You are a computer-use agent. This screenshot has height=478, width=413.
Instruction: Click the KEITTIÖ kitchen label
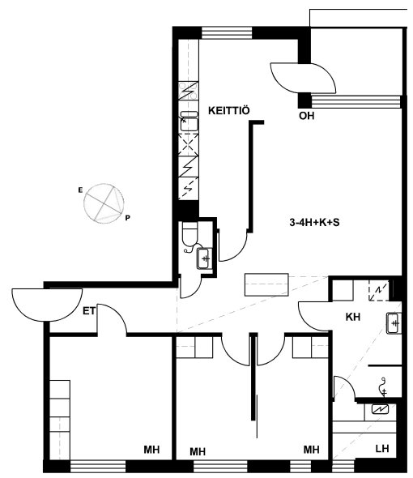pyautogui.click(x=229, y=110)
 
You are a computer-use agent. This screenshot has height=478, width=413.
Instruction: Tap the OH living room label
pyautogui.click(x=306, y=116)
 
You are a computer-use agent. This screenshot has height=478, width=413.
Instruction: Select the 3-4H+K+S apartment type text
pyautogui.click(x=314, y=222)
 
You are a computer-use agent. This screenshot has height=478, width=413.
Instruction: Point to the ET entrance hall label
pyautogui.click(x=89, y=311)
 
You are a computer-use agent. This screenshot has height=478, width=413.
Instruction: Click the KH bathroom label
pyautogui.click(x=353, y=317)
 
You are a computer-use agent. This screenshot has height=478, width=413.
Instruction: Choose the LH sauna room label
pyautogui.click(x=382, y=449)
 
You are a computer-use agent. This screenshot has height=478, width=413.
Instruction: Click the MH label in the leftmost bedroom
pyautogui.click(x=151, y=450)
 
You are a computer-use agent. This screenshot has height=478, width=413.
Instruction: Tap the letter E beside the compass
pyautogui.click(x=80, y=190)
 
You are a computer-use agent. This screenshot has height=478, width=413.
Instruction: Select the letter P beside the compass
pyautogui.click(x=128, y=218)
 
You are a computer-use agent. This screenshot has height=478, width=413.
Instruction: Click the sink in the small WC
pyautogui.click(x=205, y=258)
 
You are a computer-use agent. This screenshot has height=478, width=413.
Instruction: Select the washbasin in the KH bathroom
pyautogui.click(x=394, y=323)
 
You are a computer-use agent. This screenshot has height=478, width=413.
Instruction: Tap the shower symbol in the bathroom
pyautogui.click(x=383, y=387)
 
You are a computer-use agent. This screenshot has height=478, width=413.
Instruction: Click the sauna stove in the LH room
pyautogui.click(x=380, y=409)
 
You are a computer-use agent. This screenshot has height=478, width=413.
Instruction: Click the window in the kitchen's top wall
pyautogui.click(x=227, y=33)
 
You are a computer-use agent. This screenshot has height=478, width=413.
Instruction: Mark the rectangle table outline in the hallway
pyautogui.click(x=266, y=284)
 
